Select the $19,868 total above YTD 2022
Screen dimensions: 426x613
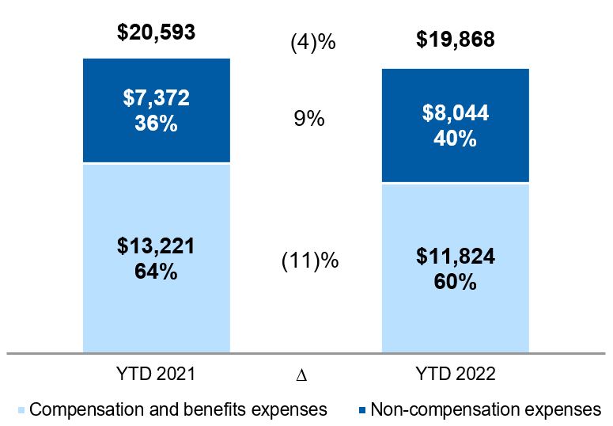point(456,39)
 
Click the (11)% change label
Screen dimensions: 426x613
point(310,260)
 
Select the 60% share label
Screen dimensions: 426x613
point(455,282)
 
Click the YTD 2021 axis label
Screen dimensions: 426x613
point(156,375)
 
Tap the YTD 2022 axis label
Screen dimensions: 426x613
point(455,375)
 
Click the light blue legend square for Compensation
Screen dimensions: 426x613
point(21,410)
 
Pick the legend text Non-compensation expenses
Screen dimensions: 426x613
point(486,409)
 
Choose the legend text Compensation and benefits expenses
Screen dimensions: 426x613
point(178,409)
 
